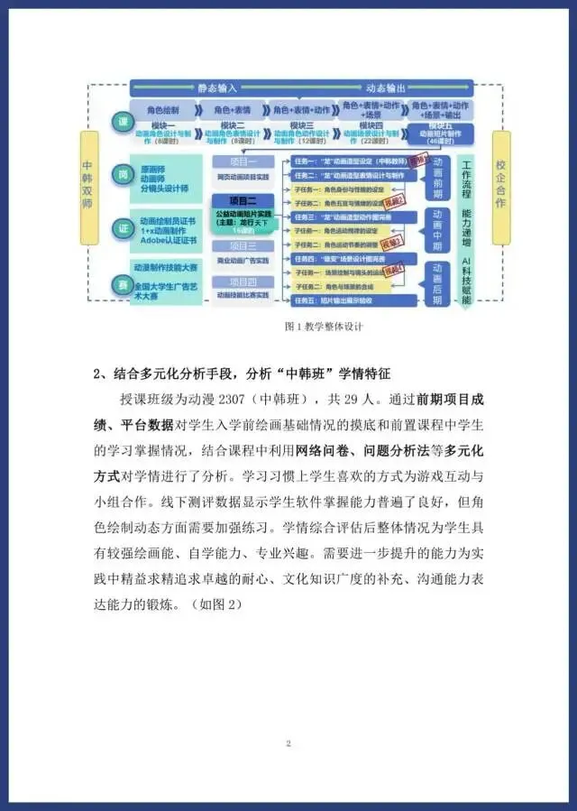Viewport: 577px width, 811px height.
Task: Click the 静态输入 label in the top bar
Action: pos(216,88)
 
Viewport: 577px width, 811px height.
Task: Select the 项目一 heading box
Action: pos(243,160)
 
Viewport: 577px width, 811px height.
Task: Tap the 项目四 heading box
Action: pos(243,281)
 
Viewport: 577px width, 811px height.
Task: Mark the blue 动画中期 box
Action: pos(437,229)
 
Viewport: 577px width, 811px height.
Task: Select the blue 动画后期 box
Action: pos(437,282)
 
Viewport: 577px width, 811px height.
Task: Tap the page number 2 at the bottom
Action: pos(288,742)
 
